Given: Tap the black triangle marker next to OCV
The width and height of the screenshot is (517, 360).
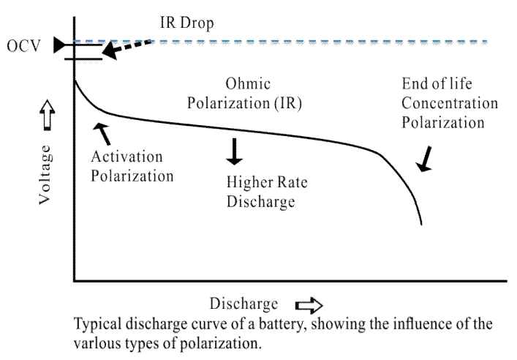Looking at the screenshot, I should point(59,47).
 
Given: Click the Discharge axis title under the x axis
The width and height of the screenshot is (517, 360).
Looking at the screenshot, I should point(244,304).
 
